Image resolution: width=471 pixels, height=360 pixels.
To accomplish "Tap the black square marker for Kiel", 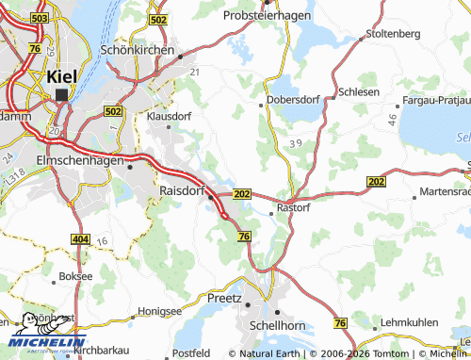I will (63, 94).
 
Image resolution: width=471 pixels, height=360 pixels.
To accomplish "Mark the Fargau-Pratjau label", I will (429, 97).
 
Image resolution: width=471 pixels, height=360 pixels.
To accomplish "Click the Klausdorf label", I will (170, 117).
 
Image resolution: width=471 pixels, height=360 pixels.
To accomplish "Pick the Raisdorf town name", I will (175, 189).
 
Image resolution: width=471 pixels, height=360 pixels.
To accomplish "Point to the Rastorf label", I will (292, 207).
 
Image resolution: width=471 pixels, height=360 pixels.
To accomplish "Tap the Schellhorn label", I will (291, 323).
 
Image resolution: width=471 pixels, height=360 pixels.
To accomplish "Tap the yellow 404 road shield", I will (81, 240).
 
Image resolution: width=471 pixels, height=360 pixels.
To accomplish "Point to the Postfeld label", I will (191, 352).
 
